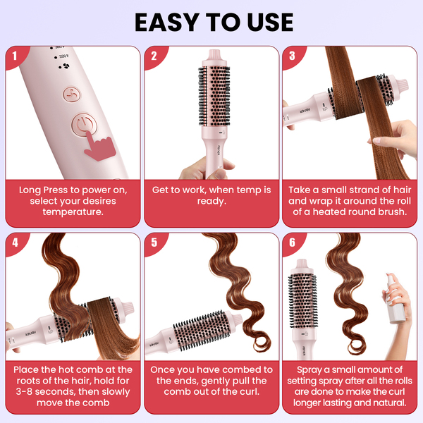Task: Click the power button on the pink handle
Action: pyautogui.click(x=84, y=124)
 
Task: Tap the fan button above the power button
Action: pyautogui.click(x=72, y=94)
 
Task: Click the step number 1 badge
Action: pyautogui.click(x=15, y=56)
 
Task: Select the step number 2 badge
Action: pyautogui.click(x=154, y=56)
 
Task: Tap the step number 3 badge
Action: pyautogui.click(x=292, y=56)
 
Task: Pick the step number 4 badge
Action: pyautogui.click(x=15, y=243)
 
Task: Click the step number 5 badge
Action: pyautogui.click(x=154, y=243)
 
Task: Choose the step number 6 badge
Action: pyautogui.click(x=292, y=243)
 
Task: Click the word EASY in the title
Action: pyautogui.click(x=168, y=23)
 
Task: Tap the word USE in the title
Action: pyautogui.click(x=270, y=23)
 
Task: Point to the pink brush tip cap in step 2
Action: pyautogui.click(x=214, y=56)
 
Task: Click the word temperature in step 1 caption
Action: pyautogui.click(x=73, y=212)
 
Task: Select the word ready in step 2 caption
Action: pyautogui.click(x=211, y=201)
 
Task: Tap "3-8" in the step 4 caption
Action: pyautogui.click(x=24, y=392)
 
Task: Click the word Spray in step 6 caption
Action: pyautogui.click(x=309, y=370)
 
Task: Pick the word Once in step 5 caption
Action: pyautogui.click(x=162, y=369)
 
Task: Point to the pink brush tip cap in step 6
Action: pyautogui.click(x=302, y=266)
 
